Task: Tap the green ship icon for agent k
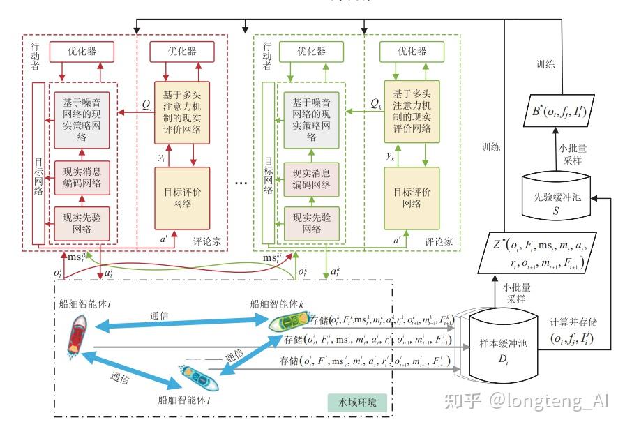pos(287,322)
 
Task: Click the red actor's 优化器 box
pos(82,52)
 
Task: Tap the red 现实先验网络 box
pos(82,223)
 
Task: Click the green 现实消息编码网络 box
pos(311,179)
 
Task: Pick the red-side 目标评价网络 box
pos(182,198)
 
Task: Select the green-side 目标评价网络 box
pos(412,198)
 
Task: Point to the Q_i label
pos(146,104)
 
